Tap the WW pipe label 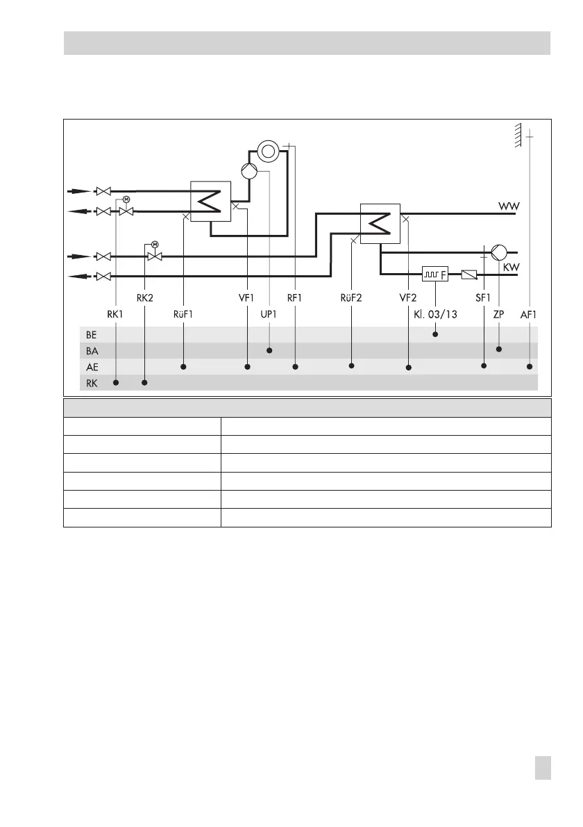coord(509,206)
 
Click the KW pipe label coord(511,267)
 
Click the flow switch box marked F coord(435,275)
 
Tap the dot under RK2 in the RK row coord(144,382)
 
